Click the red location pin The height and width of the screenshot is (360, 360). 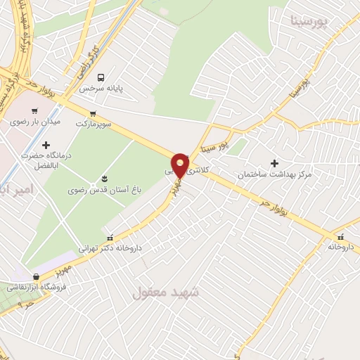(x=180, y=165)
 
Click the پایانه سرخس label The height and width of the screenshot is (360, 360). (x=101, y=89)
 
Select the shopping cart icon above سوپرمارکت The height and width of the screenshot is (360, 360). (x=92, y=113)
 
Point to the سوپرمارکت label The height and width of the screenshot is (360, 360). (x=91, y=123)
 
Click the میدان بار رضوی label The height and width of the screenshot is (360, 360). (x=35, y=121)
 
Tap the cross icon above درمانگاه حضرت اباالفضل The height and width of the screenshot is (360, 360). (x=46, y=144)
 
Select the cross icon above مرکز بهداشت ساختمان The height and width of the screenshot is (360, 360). (x=274, y=163)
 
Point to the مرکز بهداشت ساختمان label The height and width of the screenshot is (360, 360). (x=274, y=174)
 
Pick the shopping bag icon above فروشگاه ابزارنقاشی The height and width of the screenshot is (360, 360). (x=36, y=276)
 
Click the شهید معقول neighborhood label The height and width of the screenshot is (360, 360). (x=166, y=291)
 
